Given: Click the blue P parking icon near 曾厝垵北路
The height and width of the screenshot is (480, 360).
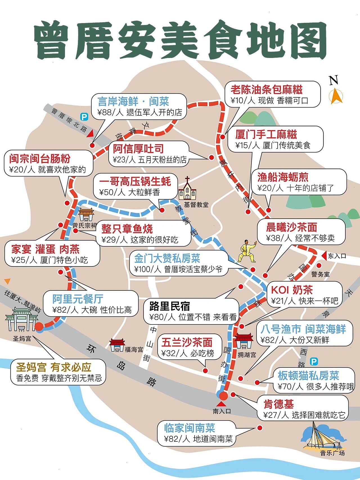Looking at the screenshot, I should click(x=84, y=116).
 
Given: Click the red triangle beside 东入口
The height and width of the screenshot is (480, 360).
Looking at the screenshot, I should click(x=324, y=255).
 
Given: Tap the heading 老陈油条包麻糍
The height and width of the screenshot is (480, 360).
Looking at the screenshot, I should click(x=266, y=90).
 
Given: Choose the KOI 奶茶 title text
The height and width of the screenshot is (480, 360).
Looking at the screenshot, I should click(x=292, y=290).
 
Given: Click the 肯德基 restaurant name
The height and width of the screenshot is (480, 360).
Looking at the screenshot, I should click(x=278, y=404).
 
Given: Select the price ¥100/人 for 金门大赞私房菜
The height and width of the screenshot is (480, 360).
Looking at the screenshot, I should click(x=148, y=269).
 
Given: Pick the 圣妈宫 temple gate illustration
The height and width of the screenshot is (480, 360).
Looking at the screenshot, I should click(x=22, y=319).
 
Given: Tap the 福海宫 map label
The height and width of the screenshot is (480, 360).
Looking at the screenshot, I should click(x=134, y=350).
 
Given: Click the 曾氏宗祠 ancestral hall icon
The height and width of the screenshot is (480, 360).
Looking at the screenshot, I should click(x=86, y=215).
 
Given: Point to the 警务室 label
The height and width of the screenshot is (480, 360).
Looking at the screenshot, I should click(x=320, y=274).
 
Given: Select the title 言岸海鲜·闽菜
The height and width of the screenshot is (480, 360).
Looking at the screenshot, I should click(x=133, y=101).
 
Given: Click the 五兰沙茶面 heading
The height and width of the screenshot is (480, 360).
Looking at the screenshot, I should click(x=187, y=342).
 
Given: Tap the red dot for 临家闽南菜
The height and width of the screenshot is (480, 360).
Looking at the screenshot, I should click(x=259, y=428).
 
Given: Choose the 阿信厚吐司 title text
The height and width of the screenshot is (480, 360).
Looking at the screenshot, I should click(x=138, y=149).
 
